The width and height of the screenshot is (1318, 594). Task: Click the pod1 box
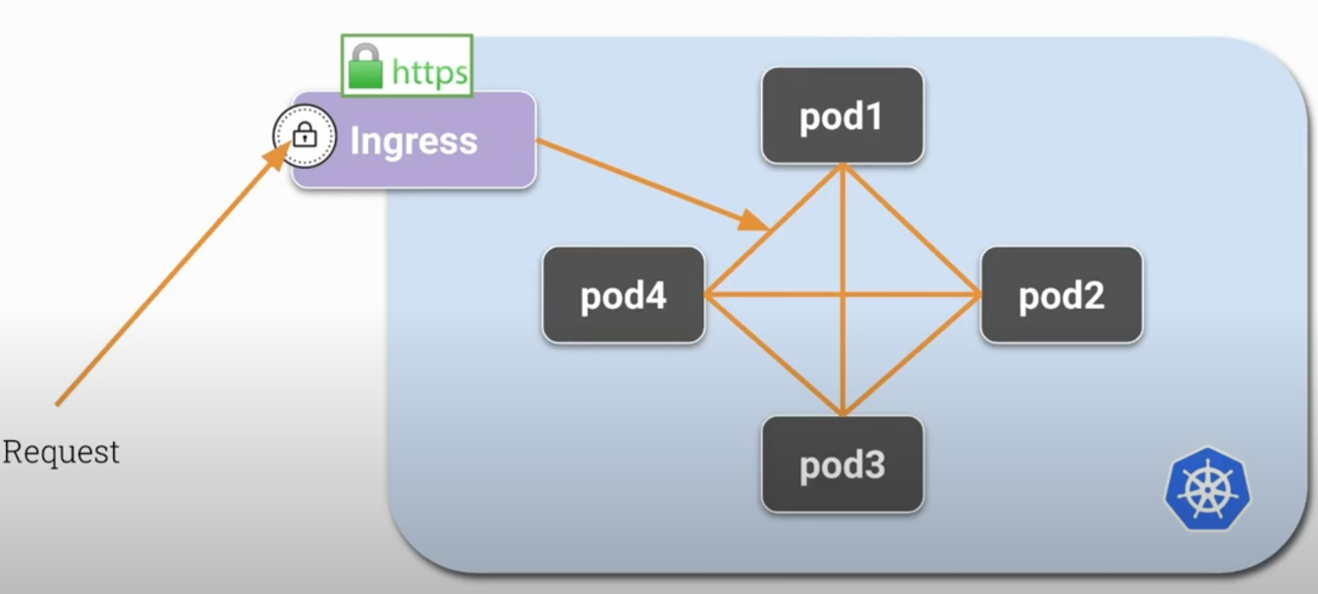click(x=842, y=116)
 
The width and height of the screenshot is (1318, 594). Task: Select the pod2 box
click(x=1060, y=295)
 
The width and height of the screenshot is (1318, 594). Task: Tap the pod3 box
click(x=842, y=464)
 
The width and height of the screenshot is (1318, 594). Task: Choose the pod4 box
click(x=623, y=295)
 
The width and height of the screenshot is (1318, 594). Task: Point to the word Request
click(x=61, y=452)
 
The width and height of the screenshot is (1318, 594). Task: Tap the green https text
click(x=429, y=74)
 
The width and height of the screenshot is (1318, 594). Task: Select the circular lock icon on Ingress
click(x=304, y=135)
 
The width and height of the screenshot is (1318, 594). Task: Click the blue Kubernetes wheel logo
click(x=1207, y=489)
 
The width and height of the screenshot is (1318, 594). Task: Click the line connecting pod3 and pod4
click(x=774, y=355)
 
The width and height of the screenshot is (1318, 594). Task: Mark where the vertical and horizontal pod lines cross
click(x=843, y=295)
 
